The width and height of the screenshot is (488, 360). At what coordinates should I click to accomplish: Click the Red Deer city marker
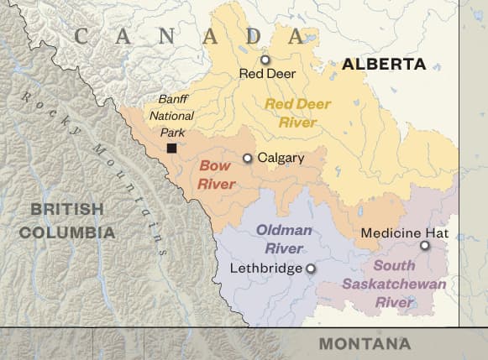click(x=265, y=60)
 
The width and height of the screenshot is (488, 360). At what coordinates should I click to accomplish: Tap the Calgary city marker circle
click(x=247, y=158)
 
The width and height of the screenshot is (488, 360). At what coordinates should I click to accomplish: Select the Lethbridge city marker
click(x=310, y=269)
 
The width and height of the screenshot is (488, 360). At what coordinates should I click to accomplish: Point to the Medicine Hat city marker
click(x=424, y=246)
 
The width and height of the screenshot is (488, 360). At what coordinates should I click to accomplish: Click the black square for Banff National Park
click(x=171, y=148)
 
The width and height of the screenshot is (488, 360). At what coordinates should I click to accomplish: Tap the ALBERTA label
click(x=384, y=64)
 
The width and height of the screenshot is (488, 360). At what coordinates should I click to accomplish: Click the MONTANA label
click(x=365, y=344)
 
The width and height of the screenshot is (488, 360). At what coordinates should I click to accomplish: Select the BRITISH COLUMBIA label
click(x=67, y=220)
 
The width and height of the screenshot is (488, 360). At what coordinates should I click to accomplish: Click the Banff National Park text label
click(x=176, y=116)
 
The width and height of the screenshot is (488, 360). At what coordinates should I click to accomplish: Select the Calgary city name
click(x=281, y=158)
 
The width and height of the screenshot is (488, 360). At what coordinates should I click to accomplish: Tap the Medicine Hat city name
click(x=404, y=232)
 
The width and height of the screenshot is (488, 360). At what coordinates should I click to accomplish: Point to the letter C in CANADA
click(x=82, y=36)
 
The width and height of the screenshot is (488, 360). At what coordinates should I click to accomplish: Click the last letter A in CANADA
click(x=297, y=36)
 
